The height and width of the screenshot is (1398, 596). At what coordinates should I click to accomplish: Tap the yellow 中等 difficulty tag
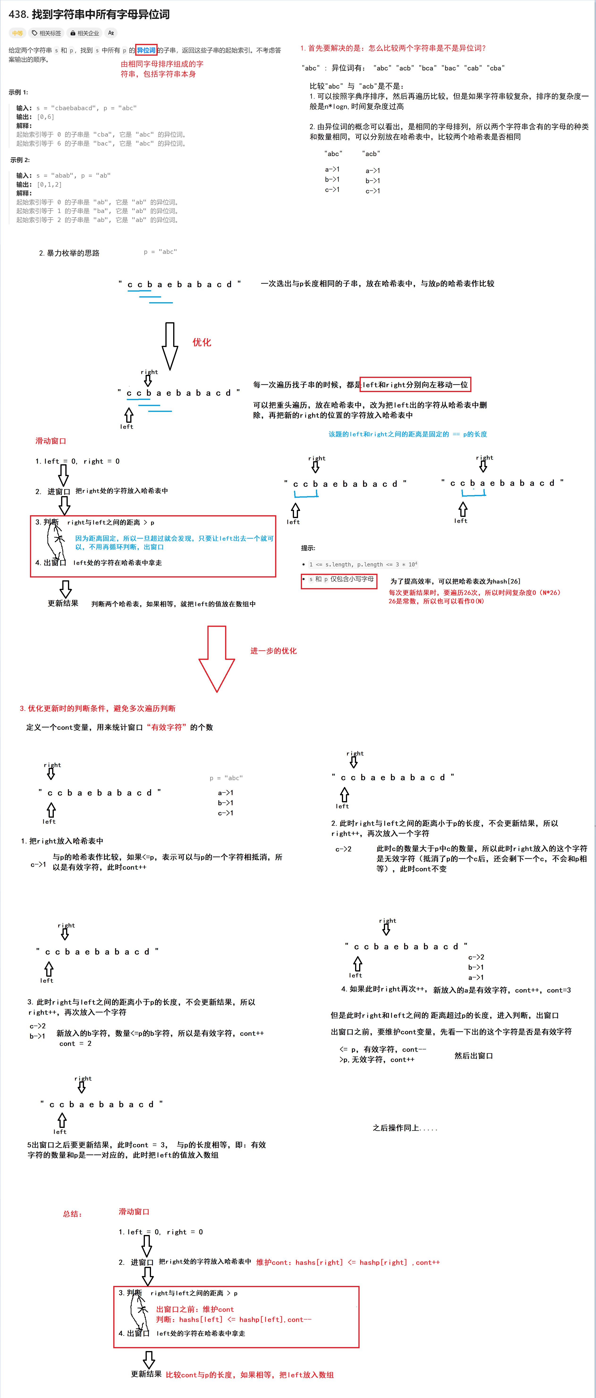click(x=17, y=33)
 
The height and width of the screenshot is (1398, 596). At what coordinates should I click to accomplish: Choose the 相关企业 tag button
click(x=84, y=33)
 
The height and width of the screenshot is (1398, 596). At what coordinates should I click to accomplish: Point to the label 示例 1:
click(x=18, y=92)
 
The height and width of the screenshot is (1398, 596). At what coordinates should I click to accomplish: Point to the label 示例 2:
click(x=20, y=160)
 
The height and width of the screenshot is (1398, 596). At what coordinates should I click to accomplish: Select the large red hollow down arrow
click(x=217, y=658)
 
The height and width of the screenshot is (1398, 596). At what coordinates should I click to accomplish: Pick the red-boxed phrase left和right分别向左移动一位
click(x=415, y=385)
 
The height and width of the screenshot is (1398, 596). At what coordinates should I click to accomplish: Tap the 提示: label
click(x=308, y=548)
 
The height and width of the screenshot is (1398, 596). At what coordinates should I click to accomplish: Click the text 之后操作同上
click(x=404, y=1128)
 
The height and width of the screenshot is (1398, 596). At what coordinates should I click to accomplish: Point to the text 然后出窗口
click(x=473, y=1055)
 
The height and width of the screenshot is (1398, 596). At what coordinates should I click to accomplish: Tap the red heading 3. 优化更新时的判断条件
click(x=98, y=708)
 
